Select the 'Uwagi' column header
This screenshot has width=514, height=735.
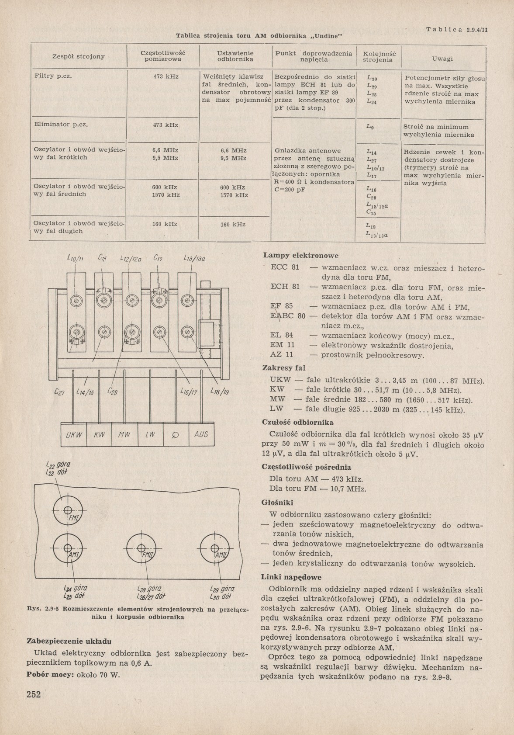[x=442, y=59]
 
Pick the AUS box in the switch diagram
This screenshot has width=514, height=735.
[x=202, y=435]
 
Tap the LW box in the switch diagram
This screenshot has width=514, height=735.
[x=150, y=435]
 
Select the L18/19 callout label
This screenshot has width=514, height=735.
[x=221, y=392]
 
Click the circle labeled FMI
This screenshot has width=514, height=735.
[x=68, y=511]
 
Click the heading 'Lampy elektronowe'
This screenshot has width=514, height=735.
[x=300, y=256]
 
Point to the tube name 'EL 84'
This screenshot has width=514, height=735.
[x=282, y=336]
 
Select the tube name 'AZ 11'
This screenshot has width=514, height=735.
[x=282, y=354]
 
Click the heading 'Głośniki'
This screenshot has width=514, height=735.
[x=277, y=503]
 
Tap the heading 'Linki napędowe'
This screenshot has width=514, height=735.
[x=291, y=577]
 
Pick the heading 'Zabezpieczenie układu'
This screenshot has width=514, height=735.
[x=69, y=641]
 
